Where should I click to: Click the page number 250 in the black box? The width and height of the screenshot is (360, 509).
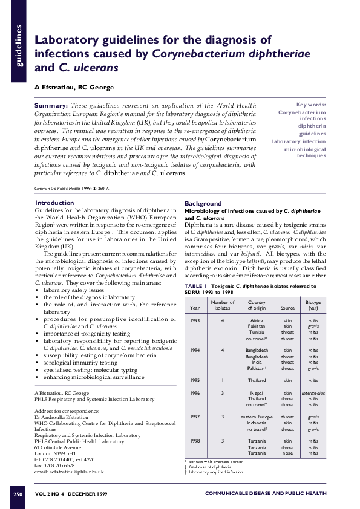(x=18, y=494)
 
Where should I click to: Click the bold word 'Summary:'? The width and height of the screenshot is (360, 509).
(x=51, y=105)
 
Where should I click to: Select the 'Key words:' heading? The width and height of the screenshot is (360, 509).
(x=309, y=105)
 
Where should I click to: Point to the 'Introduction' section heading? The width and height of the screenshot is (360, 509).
(x=54, y=203)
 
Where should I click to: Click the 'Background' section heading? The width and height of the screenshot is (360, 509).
(x=203, y=203)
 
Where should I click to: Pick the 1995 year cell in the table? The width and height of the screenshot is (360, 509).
(x=195, y=380)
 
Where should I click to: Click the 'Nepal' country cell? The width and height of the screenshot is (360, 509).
(x=257, y=393)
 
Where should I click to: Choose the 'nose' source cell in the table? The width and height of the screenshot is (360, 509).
(x=287, y=452)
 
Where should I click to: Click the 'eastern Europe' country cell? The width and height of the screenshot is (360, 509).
(x=257, y=417)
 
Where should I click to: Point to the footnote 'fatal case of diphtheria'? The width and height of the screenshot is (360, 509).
(x=210, y=467)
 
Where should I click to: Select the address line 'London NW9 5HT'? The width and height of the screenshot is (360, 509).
(x=55, y=453)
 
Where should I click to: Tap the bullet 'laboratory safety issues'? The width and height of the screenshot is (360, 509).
(x=73, y=290)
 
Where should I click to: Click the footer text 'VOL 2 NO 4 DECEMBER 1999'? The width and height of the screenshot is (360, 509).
(x=71, y=494)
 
